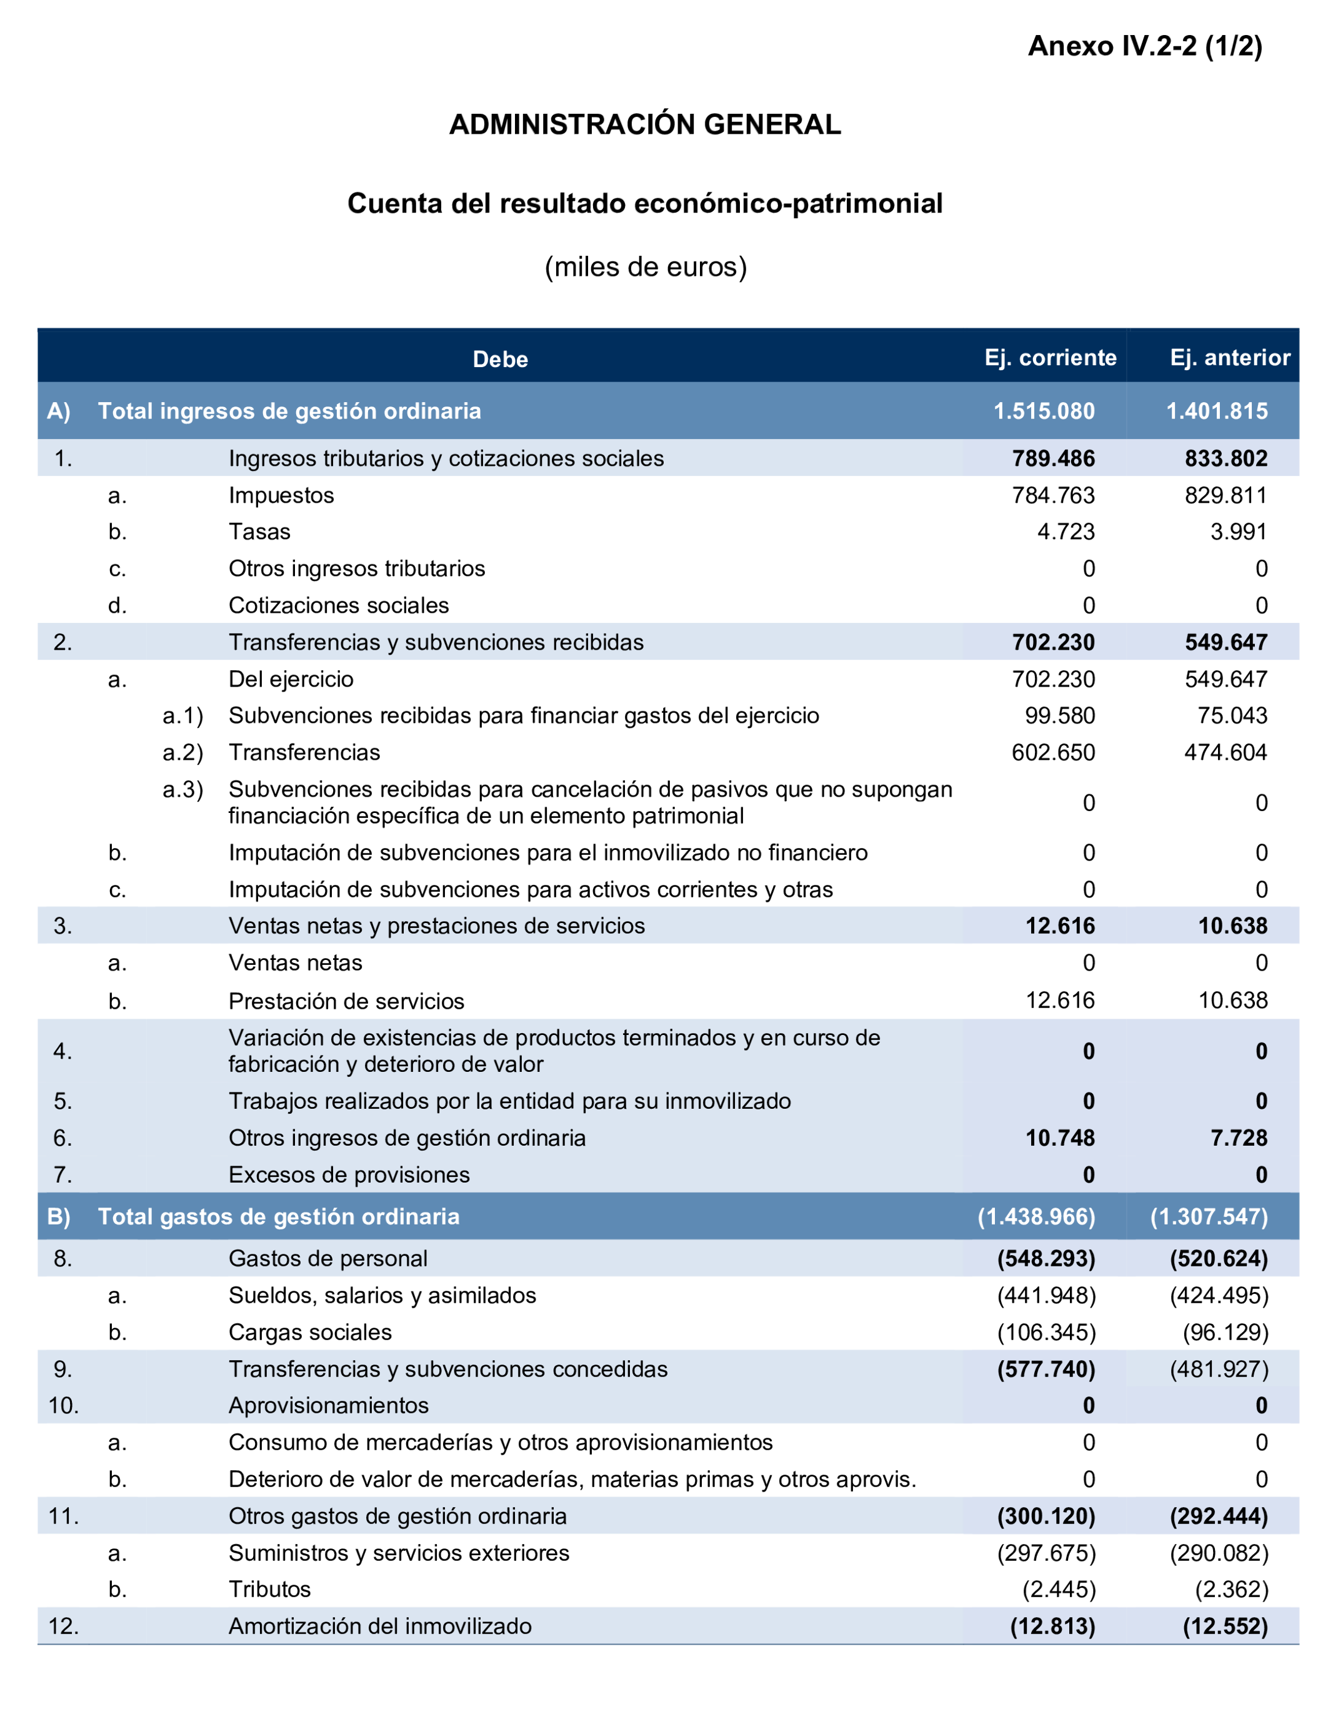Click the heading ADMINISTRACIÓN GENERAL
(644, 125)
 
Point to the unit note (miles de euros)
(645, 267)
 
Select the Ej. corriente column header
(1050, 358)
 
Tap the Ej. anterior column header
(1229, 358)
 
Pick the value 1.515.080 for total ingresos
(1044, 411)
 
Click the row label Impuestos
(281, 495)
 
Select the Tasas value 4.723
(1066, 532)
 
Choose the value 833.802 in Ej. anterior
(1226, 459)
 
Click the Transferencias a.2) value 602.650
(1053, 752)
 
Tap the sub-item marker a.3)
(182, 789)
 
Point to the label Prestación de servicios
(346, 1001)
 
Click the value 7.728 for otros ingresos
(1239, 1138)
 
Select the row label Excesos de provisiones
(349, 1175)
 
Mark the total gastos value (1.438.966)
(1036, 1216)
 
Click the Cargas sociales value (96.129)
(1226, 1333)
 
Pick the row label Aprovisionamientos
(328, 1405)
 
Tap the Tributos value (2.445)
(1059, 1589)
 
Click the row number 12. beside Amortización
(63, 1626)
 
